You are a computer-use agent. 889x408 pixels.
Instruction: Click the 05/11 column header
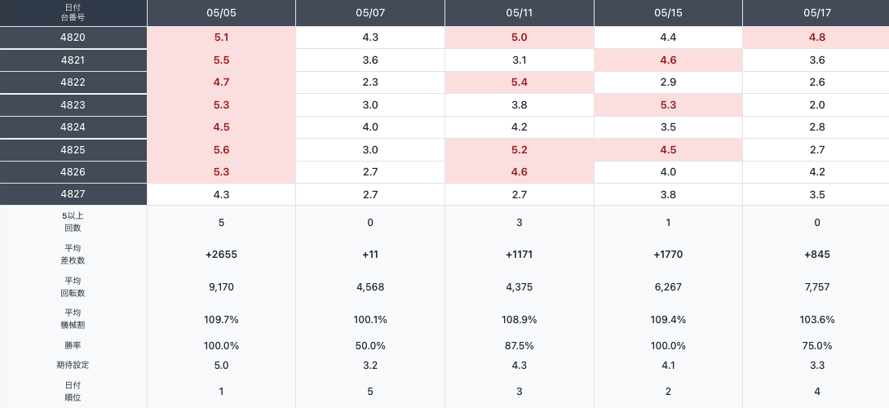519,13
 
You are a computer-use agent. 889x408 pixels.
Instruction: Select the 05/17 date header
817,13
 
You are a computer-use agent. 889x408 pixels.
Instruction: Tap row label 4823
73,105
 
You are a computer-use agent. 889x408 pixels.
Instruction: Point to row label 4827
73,194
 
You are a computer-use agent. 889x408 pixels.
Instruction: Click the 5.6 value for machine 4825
221,150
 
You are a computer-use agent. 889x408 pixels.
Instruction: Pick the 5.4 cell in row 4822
519,82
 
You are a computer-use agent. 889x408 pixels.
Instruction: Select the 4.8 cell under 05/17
817,38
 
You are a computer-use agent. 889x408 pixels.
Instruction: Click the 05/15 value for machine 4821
668,60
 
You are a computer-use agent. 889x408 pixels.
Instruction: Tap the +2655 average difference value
221,255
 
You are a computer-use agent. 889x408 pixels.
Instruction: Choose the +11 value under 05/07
370,255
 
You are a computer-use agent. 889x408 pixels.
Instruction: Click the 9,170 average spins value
221,287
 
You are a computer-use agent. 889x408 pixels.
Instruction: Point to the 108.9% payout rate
519,320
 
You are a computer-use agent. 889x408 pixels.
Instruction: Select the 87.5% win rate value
519,346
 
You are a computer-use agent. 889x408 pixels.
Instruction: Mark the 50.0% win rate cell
370,346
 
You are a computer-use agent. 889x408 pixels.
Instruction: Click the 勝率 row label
73,346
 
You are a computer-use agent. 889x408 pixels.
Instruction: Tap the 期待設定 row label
73,365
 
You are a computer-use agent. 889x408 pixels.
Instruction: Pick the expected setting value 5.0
221,366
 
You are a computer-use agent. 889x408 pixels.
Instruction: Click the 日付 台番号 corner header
73,12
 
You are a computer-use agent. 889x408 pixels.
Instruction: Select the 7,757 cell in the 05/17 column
817,287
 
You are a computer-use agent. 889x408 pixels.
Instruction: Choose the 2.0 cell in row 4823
817,105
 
